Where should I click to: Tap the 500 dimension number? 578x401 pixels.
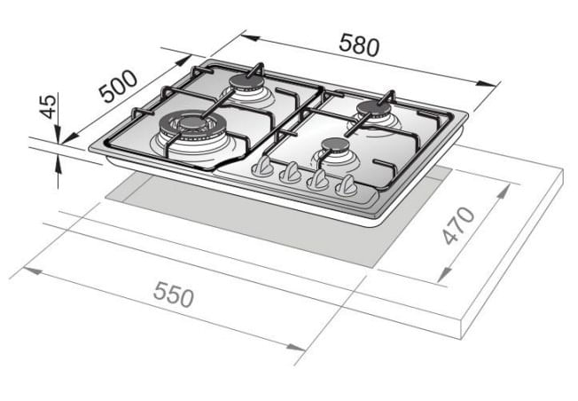[118, 86]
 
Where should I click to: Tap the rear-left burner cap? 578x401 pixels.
[247, 83]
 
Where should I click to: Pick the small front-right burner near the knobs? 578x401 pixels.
[334, 147]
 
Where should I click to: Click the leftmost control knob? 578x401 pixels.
[262, 168]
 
